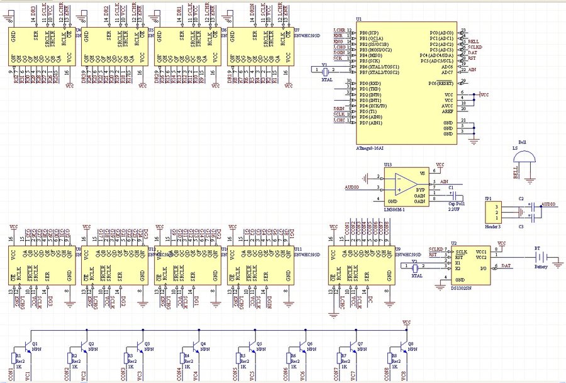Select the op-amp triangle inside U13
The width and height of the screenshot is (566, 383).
tap(404, 182)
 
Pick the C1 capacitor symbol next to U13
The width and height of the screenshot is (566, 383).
tap(452, 196)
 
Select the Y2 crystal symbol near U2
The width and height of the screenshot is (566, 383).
tap(415, 269)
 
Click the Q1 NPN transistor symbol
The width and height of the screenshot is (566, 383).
tap(28, 345)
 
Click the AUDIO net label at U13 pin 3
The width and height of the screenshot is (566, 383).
tap(353, 187)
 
